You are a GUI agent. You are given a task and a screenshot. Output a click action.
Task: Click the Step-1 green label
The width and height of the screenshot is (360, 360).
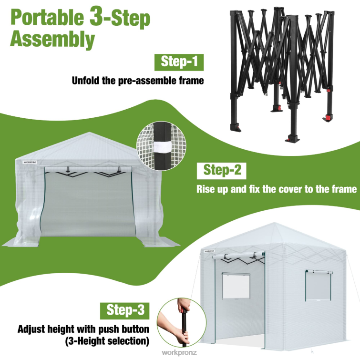pyautogui.click(x=179, y=62)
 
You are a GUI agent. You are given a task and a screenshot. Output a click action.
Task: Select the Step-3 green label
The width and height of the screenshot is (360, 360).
pyautogui.click(x=124, y=311)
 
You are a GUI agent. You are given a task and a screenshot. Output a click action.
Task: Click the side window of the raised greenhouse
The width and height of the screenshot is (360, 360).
pyautogui.click(x=319, y=286)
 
